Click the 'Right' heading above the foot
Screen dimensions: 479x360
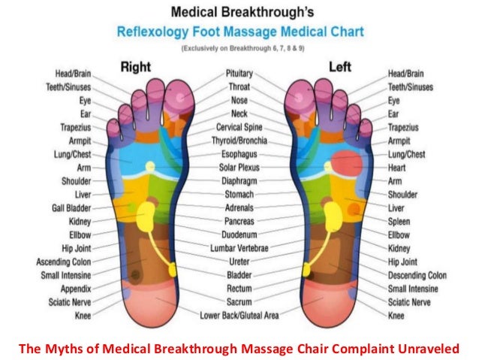[x=137, y=68]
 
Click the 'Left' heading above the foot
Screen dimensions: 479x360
[x=339, y=68]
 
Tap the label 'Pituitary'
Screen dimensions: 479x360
[x=239, y=75]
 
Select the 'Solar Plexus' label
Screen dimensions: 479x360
[x=239, y=168]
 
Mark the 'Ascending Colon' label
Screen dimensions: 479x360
[x=64, y=262]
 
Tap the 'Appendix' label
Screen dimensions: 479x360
[x=74, y=289]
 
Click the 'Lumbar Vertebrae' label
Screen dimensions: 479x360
[x=239, y=247]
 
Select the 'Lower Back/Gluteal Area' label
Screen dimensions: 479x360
[x=239, y=315]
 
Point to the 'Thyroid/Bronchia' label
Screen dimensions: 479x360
[x=239, y=141]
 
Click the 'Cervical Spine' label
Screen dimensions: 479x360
[x=239, y=127]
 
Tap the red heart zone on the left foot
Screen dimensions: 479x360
[x=346, y=162]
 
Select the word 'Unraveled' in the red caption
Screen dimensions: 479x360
[x=423, y=346]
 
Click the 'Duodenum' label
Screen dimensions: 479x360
[x=239, y=234]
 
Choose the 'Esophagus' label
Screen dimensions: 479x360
[x=239, y=154]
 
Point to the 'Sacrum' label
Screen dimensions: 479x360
[x=239, y=301]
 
